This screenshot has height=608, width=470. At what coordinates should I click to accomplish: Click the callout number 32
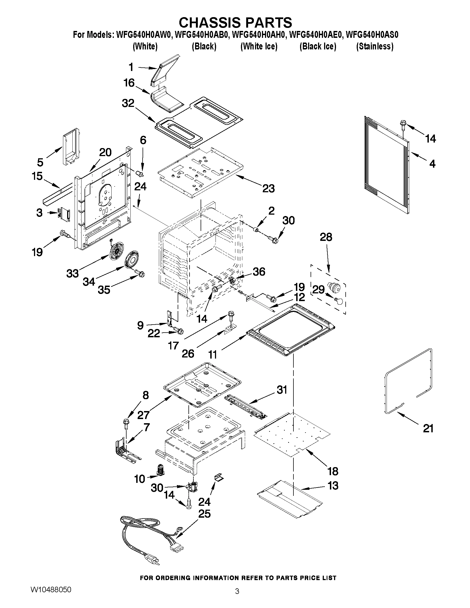click(x=128, y=103)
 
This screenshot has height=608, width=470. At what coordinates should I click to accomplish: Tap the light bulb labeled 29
click(x=338, y=301)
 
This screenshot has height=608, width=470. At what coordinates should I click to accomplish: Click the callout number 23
click(x=268, y=188)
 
